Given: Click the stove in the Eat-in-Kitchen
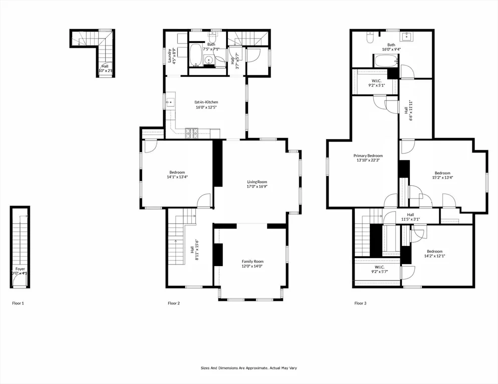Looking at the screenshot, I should coord(192,133).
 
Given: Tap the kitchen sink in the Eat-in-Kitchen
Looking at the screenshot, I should coord(170,103).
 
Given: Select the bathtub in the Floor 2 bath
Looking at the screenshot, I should coord(195,55).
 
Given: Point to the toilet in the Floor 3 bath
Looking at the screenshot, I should coord(369,37).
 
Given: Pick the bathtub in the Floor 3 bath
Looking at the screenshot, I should coord(386,61).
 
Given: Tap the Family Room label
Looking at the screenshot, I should coord(252,264).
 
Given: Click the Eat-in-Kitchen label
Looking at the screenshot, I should coord(206,104).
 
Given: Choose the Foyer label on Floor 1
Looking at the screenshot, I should coord(20,271).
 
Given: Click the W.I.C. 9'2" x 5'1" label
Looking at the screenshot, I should coord(377,83).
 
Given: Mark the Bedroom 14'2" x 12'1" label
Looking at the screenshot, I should coord(434,253).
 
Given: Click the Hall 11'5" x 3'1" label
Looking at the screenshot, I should coord(410,217).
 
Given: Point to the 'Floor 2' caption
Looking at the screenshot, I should coord(174,303).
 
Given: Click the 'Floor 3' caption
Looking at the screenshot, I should coord(361,303).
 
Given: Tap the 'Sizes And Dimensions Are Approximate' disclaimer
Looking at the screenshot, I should coord(249,368).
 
